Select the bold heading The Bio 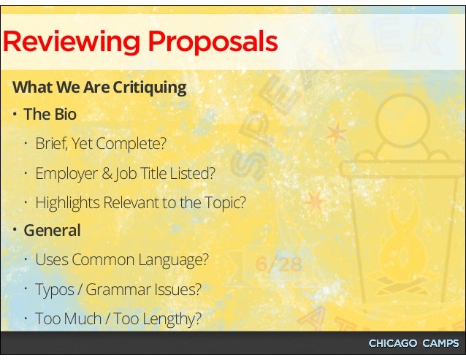click(50, 115)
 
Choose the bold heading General click(52, 230)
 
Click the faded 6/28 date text click(278, 264)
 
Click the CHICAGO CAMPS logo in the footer click(413, 343)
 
